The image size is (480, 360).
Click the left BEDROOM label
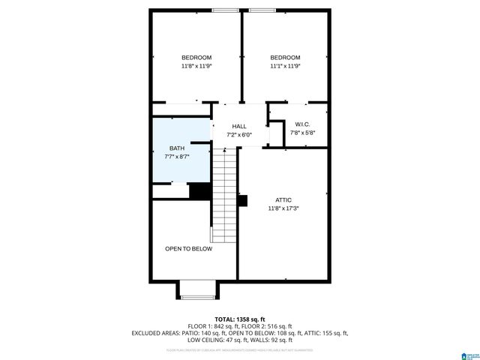pyautogui.click(x=196, y=58)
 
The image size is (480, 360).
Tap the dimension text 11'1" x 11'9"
pyautogui.click(x=285, y=67)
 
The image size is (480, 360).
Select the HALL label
pyautogui.click(x=239, y=126)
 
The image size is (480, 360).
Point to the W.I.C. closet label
pyautogui.click(x=302, y=124)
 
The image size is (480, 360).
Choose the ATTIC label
pyautogui.click(x=283, y=200)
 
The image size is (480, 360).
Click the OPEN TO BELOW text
pyautogui.click(x=189, y=249)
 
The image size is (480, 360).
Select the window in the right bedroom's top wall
pyautogui.click(x=262, y=10)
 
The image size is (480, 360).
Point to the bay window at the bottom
pyautogui.click(x=198, y=289)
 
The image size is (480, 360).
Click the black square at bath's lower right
pyautogui.click(x=199, y=191)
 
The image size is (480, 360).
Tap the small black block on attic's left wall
pyautogui.click(x=241, y=200)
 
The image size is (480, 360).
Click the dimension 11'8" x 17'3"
pyautogui.click(x=283, y=209)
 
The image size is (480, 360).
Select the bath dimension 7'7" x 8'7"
pyautogui.click(x=177, y=157)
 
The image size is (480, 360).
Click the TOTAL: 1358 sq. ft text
pyautogui.click(x=240, y=319)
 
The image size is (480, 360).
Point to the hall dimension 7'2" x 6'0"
pyautogui.click(x=239, y=135)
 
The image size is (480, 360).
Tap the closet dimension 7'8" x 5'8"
pyautogui.click(x=302, y=133)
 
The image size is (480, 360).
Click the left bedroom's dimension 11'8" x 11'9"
pyautogui.click(x=196, y=67)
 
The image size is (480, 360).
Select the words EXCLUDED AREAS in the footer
pyautogui.click(x=157, y=333)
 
